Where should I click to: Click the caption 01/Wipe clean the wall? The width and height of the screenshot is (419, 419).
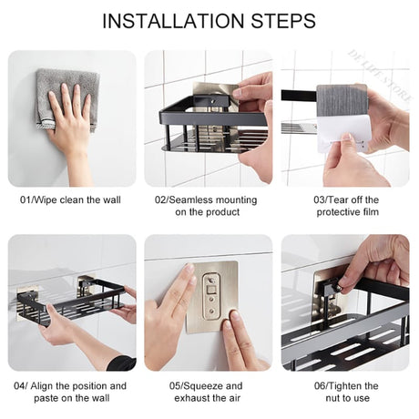point(71,199)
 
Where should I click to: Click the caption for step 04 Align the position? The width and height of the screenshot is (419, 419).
point(71,392)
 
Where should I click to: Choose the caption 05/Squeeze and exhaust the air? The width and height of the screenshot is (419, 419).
point(209,392)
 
